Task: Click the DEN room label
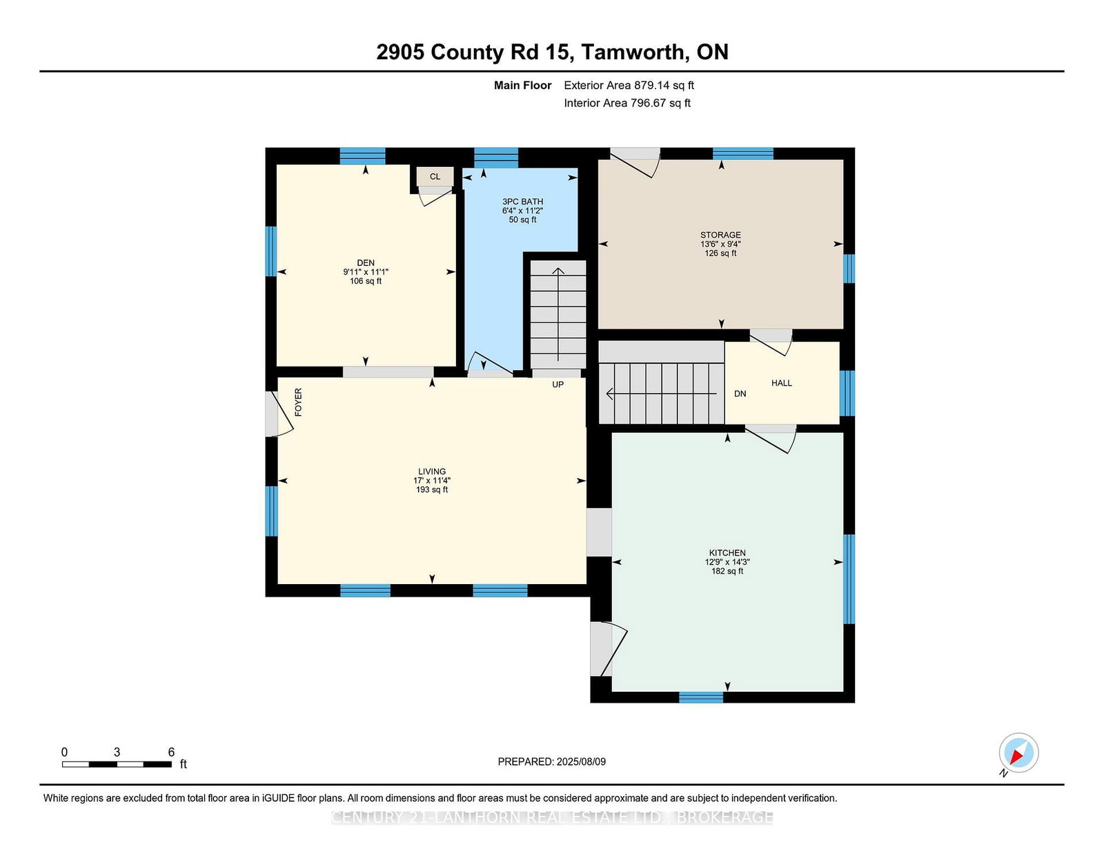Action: click(x=365, y=263)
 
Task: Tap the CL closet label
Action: click(x=435, y=176)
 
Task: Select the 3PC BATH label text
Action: click(x=523, y=202)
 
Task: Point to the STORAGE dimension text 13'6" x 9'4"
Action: click(x=720, y=244)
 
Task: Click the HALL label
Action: click(x=781, y=382)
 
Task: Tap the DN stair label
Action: click(x=740, y=394)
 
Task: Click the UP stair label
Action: click(x=558, y=385)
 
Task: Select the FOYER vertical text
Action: click(x=298, y=402)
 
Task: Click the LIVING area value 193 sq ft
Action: click(x=432, y=489)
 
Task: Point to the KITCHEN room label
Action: click(x=727, y=552)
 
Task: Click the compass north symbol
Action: click(x=1018, y=753)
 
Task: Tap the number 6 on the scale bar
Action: click(x=171, y=752)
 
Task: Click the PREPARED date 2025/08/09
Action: click(x=581, y=761)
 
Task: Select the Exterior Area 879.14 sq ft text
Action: click(x=629, y=86)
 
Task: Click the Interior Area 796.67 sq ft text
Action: click(x=627, y=103)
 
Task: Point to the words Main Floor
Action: click(x=523, y=86)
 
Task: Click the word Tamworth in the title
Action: click(x=633, y=52)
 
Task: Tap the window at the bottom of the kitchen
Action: click(x=701, y=697)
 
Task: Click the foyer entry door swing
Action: click(x=280, y=414)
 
